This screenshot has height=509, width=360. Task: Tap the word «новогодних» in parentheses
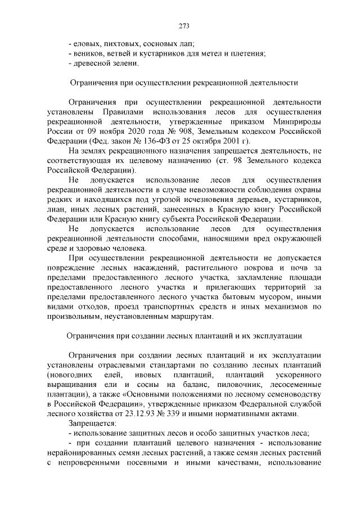70,374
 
